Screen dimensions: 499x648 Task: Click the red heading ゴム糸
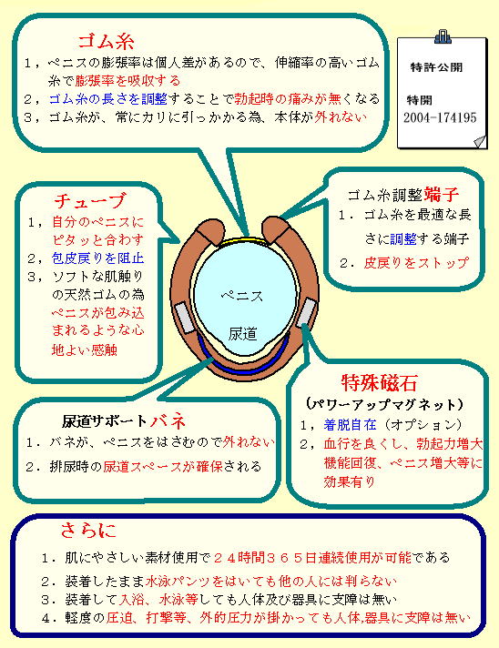click(106, 40)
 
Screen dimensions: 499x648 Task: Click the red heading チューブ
click(89, 201)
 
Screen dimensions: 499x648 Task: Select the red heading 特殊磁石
click(379, 382)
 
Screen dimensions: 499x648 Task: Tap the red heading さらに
click(88, 530)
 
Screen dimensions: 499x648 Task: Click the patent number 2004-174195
click(440, 117)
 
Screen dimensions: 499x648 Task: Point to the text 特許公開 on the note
click(436, 67)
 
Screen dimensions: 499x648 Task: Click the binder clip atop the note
click(443, 36)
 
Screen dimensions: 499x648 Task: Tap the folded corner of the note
click(480, 141)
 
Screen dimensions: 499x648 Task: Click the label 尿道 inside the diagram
click(243, 334)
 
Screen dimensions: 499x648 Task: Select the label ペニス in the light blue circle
click(241, 296)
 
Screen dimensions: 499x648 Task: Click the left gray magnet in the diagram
click(184, 318)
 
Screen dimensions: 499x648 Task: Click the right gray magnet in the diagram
click(306, 312)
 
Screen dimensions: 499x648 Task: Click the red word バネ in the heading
click(167, 420)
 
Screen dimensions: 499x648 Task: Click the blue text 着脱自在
click(350, 424)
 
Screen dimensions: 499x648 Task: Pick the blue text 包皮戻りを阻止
click(97, 258)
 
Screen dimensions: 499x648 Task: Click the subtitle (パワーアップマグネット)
click(384, 404)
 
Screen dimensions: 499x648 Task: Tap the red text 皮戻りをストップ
click(416, 263)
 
